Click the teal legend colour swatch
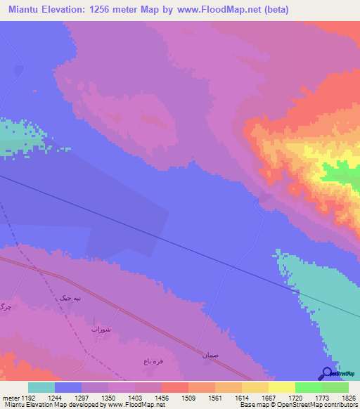41,387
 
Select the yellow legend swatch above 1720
282,387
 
